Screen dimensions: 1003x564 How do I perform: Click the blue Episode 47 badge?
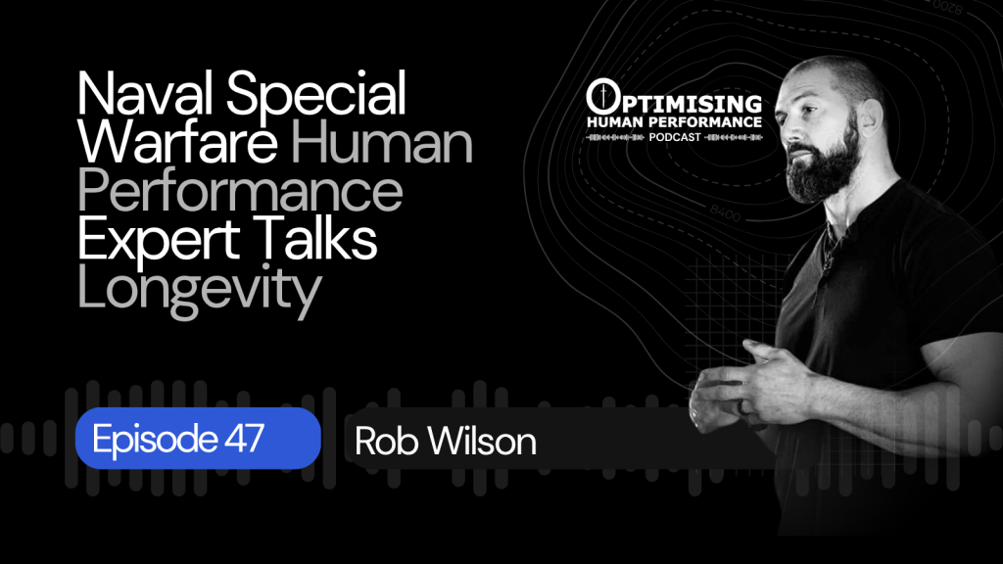coord(198,438)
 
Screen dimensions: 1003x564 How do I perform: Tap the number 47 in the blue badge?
coord(244,438)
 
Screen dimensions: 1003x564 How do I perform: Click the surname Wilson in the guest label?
coord(482,442)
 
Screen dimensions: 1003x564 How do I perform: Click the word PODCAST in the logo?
coord(675,137)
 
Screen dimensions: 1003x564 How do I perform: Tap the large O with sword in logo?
coord(602,97)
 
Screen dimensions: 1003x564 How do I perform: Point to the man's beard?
coord(822,164)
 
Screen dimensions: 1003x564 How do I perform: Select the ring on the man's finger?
coord(741,406)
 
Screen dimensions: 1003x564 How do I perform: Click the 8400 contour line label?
coord(726,212)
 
